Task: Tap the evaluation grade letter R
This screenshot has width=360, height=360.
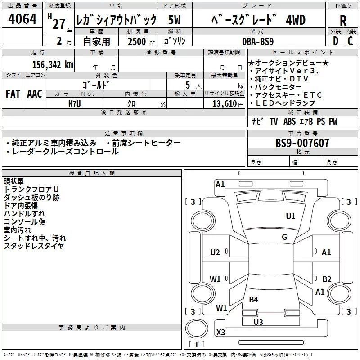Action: point(343,21)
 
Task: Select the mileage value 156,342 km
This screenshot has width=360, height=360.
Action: point(53,64)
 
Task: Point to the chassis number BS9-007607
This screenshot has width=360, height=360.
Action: point(302,143)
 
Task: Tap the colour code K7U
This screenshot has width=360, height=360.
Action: point(75,103)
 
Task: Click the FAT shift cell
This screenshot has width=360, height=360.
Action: point(13,94)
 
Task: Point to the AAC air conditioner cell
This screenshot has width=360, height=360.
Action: point(34,94)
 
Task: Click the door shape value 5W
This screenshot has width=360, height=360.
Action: point(175,20)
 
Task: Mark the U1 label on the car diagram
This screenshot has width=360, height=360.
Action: point(291,216)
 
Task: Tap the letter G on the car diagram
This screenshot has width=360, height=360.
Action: point(284,237)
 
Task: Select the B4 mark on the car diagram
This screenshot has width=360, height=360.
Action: point(254,300)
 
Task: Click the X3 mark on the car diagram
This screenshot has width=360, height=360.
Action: point(221,333)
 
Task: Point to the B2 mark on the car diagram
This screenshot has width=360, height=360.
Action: point(327,279)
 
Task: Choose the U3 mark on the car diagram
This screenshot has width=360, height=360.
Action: point(258,322)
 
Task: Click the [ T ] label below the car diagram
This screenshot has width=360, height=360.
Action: point(197,345)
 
